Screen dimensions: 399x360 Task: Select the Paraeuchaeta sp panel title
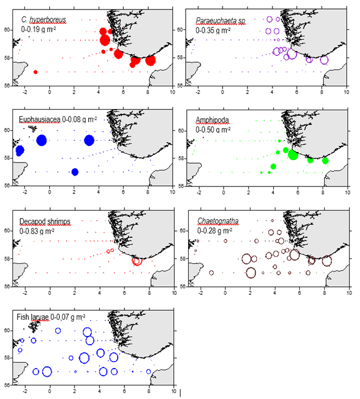click(x=220, y=21)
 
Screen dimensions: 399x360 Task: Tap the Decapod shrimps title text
click(x=45, y=222)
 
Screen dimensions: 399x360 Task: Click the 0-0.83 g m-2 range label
click(x=40, y=230)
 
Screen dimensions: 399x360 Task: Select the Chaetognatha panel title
click(x=217, y=222)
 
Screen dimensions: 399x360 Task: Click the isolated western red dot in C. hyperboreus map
click(x=36, y=72)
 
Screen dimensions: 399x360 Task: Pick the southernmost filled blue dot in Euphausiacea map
click(x=75, y=172)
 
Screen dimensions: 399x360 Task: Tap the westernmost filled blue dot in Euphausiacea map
click(x=20, y=151)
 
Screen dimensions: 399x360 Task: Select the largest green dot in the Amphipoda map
click(x=293, y=155)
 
